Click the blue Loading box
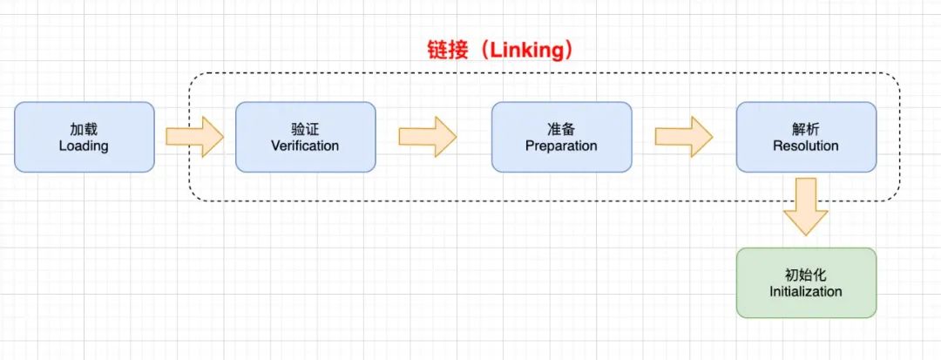(84, 137)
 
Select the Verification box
(305, 137)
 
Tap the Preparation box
(561, 137)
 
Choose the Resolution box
(806, 137)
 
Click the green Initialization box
(806, 282)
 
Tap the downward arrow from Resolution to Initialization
(806, 206)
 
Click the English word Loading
(84, 146)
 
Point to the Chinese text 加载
(84, 128)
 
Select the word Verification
(305, 146)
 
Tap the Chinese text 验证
(305, 128)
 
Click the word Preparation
(561, 146)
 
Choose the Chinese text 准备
(561, 128)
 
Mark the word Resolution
(806, 146)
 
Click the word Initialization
(806, 291)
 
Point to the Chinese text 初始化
(806, 274)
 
